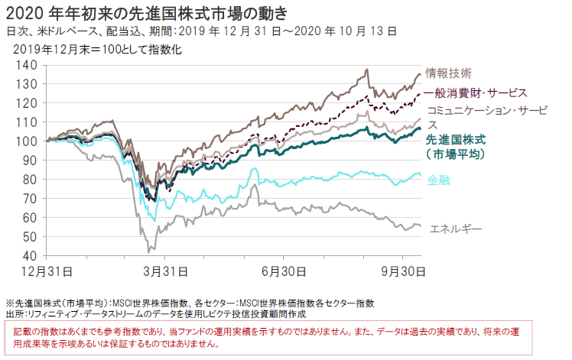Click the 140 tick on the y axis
click(30, 65)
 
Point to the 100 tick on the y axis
click(30, 141)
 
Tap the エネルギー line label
click(457, 229)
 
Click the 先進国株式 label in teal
click(455, 140)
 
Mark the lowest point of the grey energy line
click(148, 251)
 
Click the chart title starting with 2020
click(147, 12)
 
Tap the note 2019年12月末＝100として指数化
click(97, 50)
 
